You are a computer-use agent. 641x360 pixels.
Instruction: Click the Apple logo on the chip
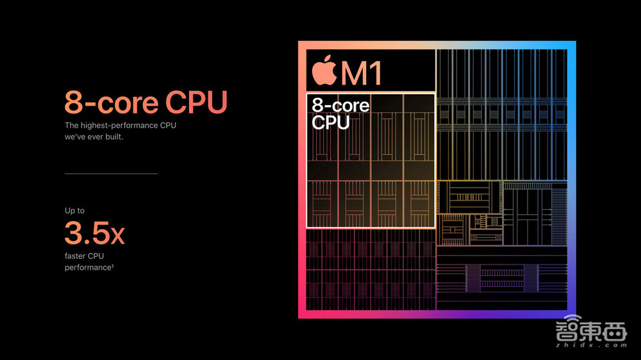(324, 71)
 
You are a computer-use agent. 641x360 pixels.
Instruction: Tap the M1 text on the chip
(362, 74)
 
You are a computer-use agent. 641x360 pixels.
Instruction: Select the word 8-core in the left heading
(111, 102)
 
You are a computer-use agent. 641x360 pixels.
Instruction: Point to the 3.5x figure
(95, 233)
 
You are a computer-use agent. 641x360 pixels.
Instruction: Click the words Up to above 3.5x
(74, 211)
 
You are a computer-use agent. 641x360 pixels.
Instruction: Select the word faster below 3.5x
(78, 256)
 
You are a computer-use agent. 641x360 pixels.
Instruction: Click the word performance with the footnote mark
(87, 267)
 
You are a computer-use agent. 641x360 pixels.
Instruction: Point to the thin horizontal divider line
(111, 174)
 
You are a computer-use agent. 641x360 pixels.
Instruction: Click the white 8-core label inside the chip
(340, 104)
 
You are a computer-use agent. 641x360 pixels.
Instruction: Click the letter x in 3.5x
(117, 236)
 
